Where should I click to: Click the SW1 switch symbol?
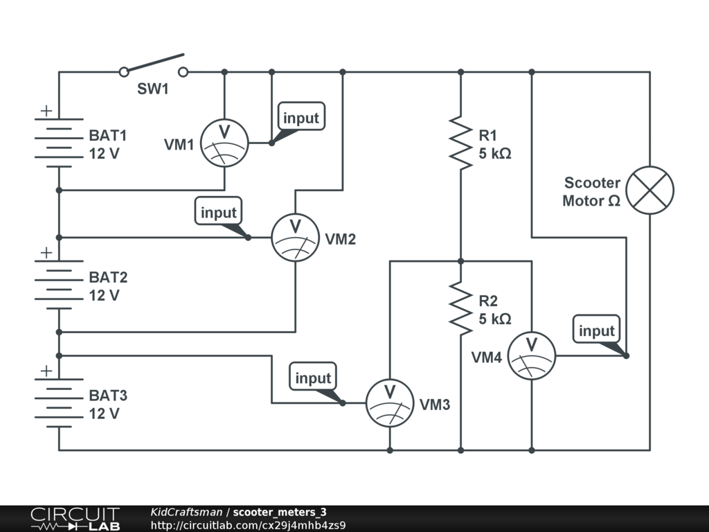tap(154, 66)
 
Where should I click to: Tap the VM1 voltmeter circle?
tap(224, 143)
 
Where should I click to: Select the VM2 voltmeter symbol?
tap(295, 238)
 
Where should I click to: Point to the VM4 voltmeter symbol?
tap(532, 356)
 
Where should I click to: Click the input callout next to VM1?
tap(300, 118)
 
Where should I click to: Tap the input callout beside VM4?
tap(596, 330)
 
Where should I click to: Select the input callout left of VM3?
tap(313, 378)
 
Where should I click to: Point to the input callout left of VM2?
tap(218, 213)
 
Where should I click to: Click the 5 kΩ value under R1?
tap(495, 154)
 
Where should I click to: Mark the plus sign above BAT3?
tap(46, 371)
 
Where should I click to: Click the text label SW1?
tap(153, 90)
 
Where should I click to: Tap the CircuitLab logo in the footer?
tap(75, 519)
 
